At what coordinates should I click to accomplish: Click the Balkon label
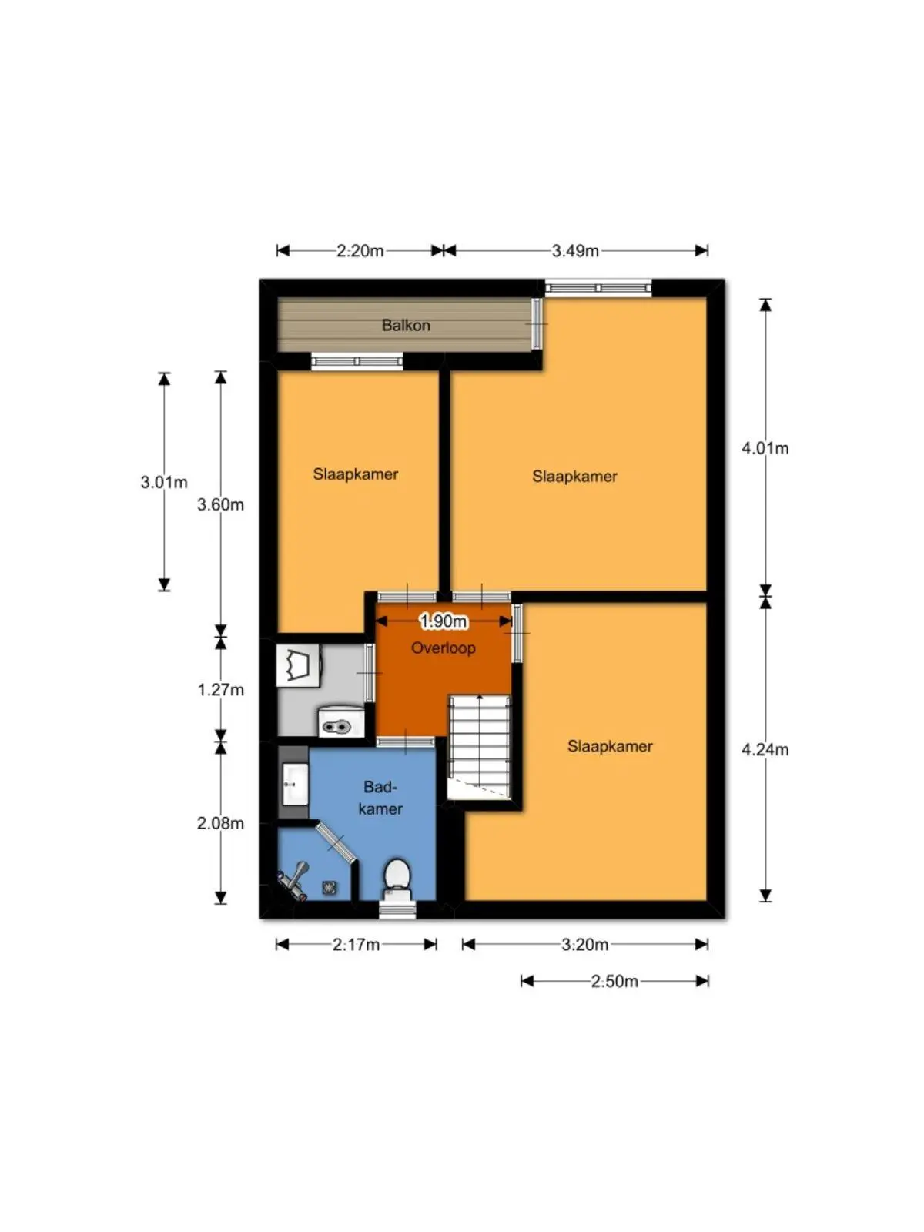(x=406, y=325)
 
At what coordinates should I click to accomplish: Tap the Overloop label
(x=444, y=648)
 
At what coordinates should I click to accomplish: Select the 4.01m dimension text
(x=765, y=448)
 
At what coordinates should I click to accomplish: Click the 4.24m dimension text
(x=765, y=749)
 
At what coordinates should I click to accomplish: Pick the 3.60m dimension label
(x=220, y=504)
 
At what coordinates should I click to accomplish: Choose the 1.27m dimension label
(x=220, y=689)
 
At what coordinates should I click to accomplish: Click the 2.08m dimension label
(x=220, y=823)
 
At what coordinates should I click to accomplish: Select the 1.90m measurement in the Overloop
(x=444, y=621)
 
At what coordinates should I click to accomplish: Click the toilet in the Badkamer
(x=398, y=879)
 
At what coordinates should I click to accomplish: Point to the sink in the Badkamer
(x=295, y=784)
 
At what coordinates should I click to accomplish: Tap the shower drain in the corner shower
(x=330, y=887)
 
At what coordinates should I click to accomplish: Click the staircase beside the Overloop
(x=480, y=746)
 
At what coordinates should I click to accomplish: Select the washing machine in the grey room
(x=298, y=665)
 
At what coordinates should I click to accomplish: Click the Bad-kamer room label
(x=380, y=798)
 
